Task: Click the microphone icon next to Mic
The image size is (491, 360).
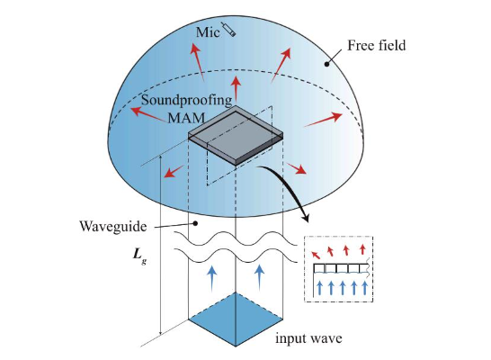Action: [x=228, y=29]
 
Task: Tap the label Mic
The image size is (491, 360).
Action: [x=208, y=32]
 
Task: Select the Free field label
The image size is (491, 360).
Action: [x=377, y=46]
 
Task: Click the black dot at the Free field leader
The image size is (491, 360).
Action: [x=326, y=64]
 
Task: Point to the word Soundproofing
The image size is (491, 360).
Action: [x=187, y=101]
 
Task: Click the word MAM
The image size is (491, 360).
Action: [x=186, y=118]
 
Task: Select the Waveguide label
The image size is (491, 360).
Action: [x=113, y=226]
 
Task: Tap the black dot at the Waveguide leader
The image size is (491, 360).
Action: [x=195, y=223]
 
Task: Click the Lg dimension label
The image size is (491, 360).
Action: [x=139, y=256]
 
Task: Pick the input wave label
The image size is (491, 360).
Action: [x=308, y=338]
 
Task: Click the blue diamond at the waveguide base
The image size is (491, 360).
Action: [x=236, y=319]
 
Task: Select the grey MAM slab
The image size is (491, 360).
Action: [x=236, y=135]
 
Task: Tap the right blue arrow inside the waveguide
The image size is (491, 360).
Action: [x=259, y=277]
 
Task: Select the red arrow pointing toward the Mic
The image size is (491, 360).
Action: [x=197, y=62]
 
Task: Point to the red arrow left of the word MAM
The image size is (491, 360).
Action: [x=148, y=114]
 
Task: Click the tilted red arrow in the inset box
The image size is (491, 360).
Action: [x=316, y=255]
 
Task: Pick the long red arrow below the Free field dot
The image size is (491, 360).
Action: [x=323, y=120]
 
